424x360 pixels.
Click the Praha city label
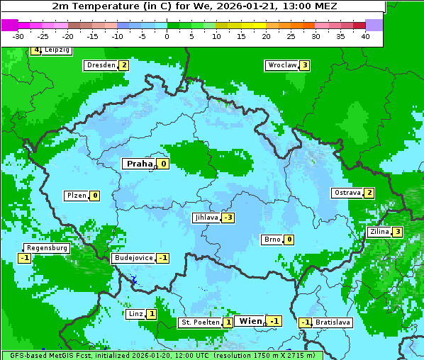(139, 164)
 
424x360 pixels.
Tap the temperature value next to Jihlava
(228, 218)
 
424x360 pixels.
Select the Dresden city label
(101, 65)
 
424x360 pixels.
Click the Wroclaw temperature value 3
(304, 65)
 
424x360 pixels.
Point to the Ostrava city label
(347, 193)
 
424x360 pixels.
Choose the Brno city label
(272, 240)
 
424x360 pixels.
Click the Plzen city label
(76, 196)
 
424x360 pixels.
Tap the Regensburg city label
(47, 248)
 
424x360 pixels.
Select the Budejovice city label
(133, 258)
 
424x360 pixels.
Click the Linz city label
(136, 314)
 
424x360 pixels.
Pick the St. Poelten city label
(200, 322)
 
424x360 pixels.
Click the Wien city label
(250, 321)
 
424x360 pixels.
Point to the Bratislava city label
(333, 322)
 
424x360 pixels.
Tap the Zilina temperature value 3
(398, 232)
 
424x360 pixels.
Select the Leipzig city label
(57, 50)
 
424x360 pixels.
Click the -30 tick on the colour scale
(18, 36)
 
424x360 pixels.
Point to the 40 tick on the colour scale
(365, 36)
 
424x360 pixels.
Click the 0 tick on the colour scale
(167, 36)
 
